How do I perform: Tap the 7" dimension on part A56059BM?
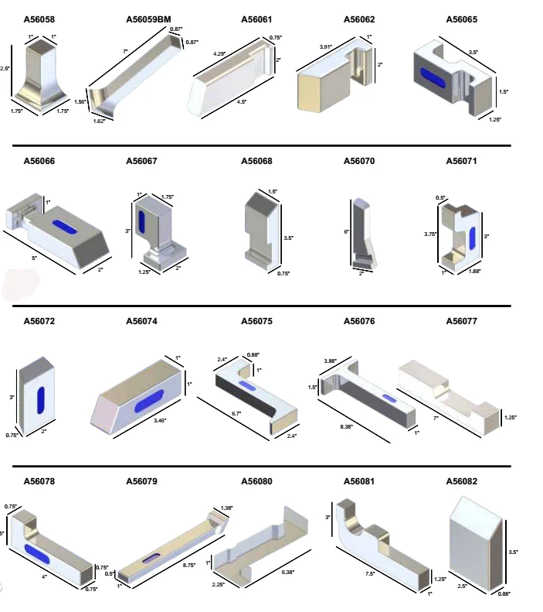pyautogui.click(x=125, y=52)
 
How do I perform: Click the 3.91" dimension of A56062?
pyautogui.click(x=325, y=47)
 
